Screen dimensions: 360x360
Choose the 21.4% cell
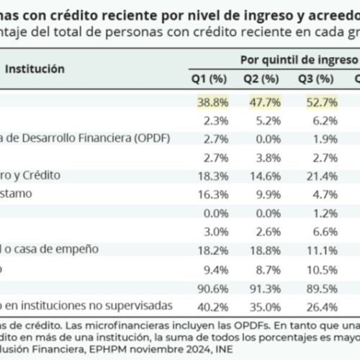315,175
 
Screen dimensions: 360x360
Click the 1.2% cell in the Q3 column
318,212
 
